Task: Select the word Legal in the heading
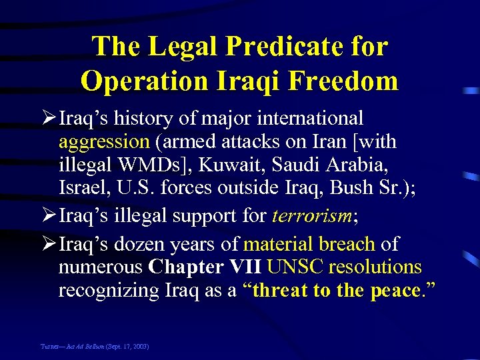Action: click(x=181, y=47)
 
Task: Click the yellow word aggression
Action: click(x=104, y=142)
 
